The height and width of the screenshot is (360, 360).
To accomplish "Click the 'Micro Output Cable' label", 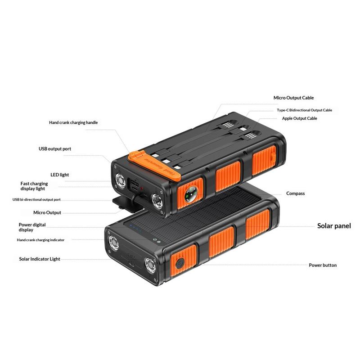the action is tap(293, 98).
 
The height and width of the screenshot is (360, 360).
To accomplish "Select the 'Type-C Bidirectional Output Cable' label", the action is tap(305, 110).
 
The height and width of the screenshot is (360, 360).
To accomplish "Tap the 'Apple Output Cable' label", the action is tap(299, 118).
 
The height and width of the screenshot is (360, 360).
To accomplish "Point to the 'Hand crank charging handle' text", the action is tap(73, 122).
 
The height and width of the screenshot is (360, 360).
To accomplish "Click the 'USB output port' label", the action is tap(55, 149).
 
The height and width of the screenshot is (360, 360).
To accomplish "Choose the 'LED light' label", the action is tap(60, 175).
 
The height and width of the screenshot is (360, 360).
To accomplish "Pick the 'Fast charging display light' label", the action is tap(34, 186).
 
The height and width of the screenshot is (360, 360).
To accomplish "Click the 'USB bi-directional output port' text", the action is tap(36, 199).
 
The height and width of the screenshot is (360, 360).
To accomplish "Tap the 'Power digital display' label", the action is tap(32, 227).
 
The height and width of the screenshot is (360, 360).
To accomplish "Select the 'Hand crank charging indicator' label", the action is tap(40, 240).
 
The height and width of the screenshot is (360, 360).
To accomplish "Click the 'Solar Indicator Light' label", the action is tap(40, 259).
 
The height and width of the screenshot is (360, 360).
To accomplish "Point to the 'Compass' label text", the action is tap(296, 193).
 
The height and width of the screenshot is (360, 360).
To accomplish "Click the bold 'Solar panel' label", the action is tap(334, 226).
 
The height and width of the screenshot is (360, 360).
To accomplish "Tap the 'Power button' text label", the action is tap(323, 265).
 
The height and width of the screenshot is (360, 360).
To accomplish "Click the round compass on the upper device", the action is tap(190, 194).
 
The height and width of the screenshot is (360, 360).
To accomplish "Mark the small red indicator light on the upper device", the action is tap(142, 188).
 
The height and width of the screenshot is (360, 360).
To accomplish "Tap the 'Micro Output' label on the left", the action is tap(47, 212).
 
